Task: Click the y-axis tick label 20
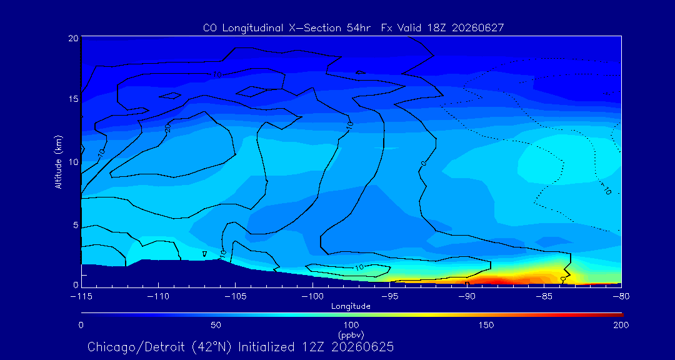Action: click(x=74, y=38)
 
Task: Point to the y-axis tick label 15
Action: click(x=74, y=99)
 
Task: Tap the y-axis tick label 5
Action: click(x=76, y=225)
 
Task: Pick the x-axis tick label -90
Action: click(x=467, y=297)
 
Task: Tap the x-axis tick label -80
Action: click(x=621, y=297)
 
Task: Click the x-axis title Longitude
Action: click(x=351, y=307)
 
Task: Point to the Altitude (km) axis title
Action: click(x=59, y=162)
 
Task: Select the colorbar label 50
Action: click(x=216, y=325)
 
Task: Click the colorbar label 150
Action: click(x=486, y=325)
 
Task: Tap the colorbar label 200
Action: click(x=621, y=325)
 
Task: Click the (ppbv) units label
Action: click(x=351, y=334)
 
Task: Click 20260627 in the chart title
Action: click(x=478, y=28)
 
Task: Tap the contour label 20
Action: click(x=167, y=129)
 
